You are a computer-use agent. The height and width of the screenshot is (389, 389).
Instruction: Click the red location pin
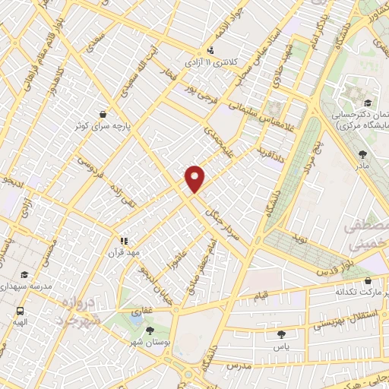click(x=195, y=179)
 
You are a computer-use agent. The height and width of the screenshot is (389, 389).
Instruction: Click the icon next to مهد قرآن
click(x=124, y=241)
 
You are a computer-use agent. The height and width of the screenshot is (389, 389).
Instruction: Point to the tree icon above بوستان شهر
click(x=150, y=330)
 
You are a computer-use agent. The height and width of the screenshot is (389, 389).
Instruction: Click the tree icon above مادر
click(x=362, y=154)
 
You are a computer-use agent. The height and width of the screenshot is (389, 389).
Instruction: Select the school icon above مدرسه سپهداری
click(x=24, y=276)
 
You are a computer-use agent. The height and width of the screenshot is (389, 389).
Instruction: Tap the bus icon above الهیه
click(x=19, y=311)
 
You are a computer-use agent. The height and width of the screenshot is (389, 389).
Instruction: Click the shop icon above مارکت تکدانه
click(x=368, y=280)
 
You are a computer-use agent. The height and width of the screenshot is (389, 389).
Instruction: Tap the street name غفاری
click(x=142, y=311)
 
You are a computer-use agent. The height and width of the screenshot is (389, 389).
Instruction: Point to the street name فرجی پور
click(x=201, y=93)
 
